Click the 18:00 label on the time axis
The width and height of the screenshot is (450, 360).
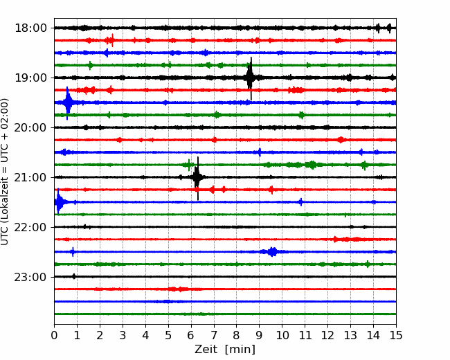coord(30,28)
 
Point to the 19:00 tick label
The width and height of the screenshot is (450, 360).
coord(30,78)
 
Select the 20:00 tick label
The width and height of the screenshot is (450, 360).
coord(30,127)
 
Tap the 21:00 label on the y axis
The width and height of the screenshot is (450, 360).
coord(30,177)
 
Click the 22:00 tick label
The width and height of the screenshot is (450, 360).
coord(30,227)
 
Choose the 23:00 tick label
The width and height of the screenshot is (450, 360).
coord(30,277)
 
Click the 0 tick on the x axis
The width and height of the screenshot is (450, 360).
coord(54,335)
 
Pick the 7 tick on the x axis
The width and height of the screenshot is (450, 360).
coord(214,335)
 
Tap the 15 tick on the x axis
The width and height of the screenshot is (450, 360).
coord(396,335)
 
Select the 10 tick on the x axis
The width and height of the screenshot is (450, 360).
coord(282,335)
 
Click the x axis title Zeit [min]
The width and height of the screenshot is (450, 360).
coord(225,350)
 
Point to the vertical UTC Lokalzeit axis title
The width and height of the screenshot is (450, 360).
coord(5,172)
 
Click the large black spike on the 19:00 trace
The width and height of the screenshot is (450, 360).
coord(250,78)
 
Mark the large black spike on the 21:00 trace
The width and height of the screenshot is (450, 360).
coord(197,177)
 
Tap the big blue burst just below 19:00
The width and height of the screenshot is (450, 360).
coord(68,102)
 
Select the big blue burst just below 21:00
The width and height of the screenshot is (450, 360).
coord(59,202)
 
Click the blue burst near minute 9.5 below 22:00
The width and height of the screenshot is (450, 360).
coord(272,252)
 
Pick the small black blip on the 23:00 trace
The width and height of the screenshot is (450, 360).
coord(74,276)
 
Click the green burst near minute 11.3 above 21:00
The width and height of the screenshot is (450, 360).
coord(312,165)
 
